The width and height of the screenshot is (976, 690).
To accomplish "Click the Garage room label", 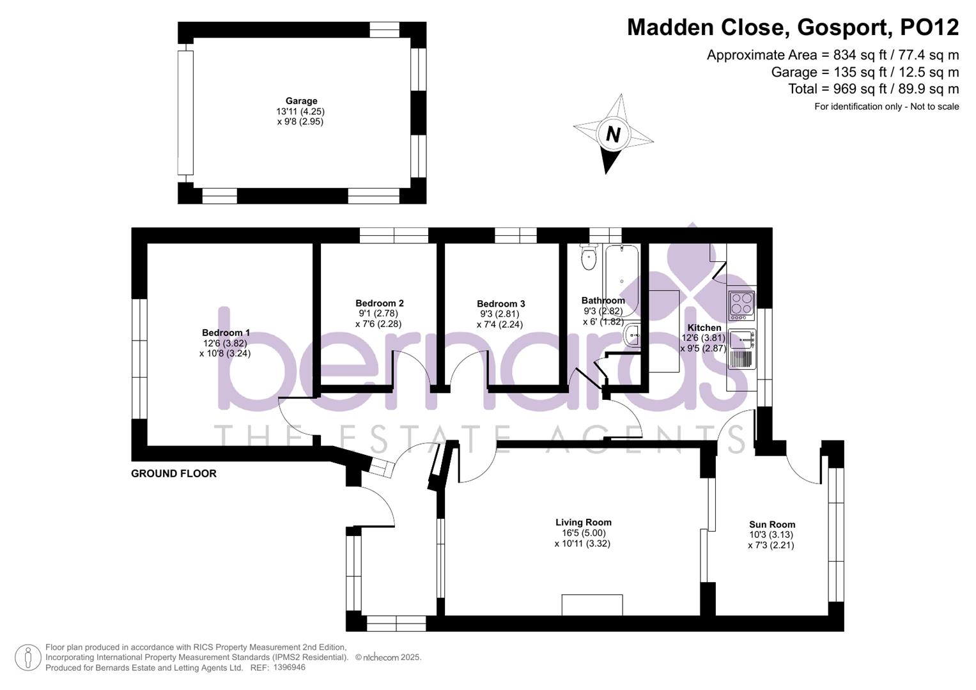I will click(301, 101).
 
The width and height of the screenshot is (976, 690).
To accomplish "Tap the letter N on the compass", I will click(613, 135).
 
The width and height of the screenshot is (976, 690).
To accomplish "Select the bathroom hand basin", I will click(631, 334).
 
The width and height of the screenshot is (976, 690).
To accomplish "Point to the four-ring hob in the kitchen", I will click(741, 305).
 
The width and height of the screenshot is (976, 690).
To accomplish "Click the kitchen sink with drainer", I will click(741, 349).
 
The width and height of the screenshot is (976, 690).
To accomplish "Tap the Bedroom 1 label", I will click(226, 332).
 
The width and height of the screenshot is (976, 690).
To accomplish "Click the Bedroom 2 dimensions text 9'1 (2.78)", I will click(379, 314).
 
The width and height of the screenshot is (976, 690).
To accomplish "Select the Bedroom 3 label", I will click(500, 303).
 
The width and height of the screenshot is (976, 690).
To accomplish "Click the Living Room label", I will click(583, 522).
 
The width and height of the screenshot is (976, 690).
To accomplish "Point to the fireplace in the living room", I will click(592, 604).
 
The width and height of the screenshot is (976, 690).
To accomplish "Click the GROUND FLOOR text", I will click(174, 473).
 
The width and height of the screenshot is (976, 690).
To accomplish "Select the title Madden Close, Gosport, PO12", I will click(793, 27).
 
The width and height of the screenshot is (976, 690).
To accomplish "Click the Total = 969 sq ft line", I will click(873, 89).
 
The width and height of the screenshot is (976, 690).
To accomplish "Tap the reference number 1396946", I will click(289, 668).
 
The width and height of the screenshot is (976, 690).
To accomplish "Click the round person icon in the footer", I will click(27, 657).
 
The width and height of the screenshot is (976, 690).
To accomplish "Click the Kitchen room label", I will click(704, 327).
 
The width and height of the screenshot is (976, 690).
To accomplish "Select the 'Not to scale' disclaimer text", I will click(934, 107).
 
